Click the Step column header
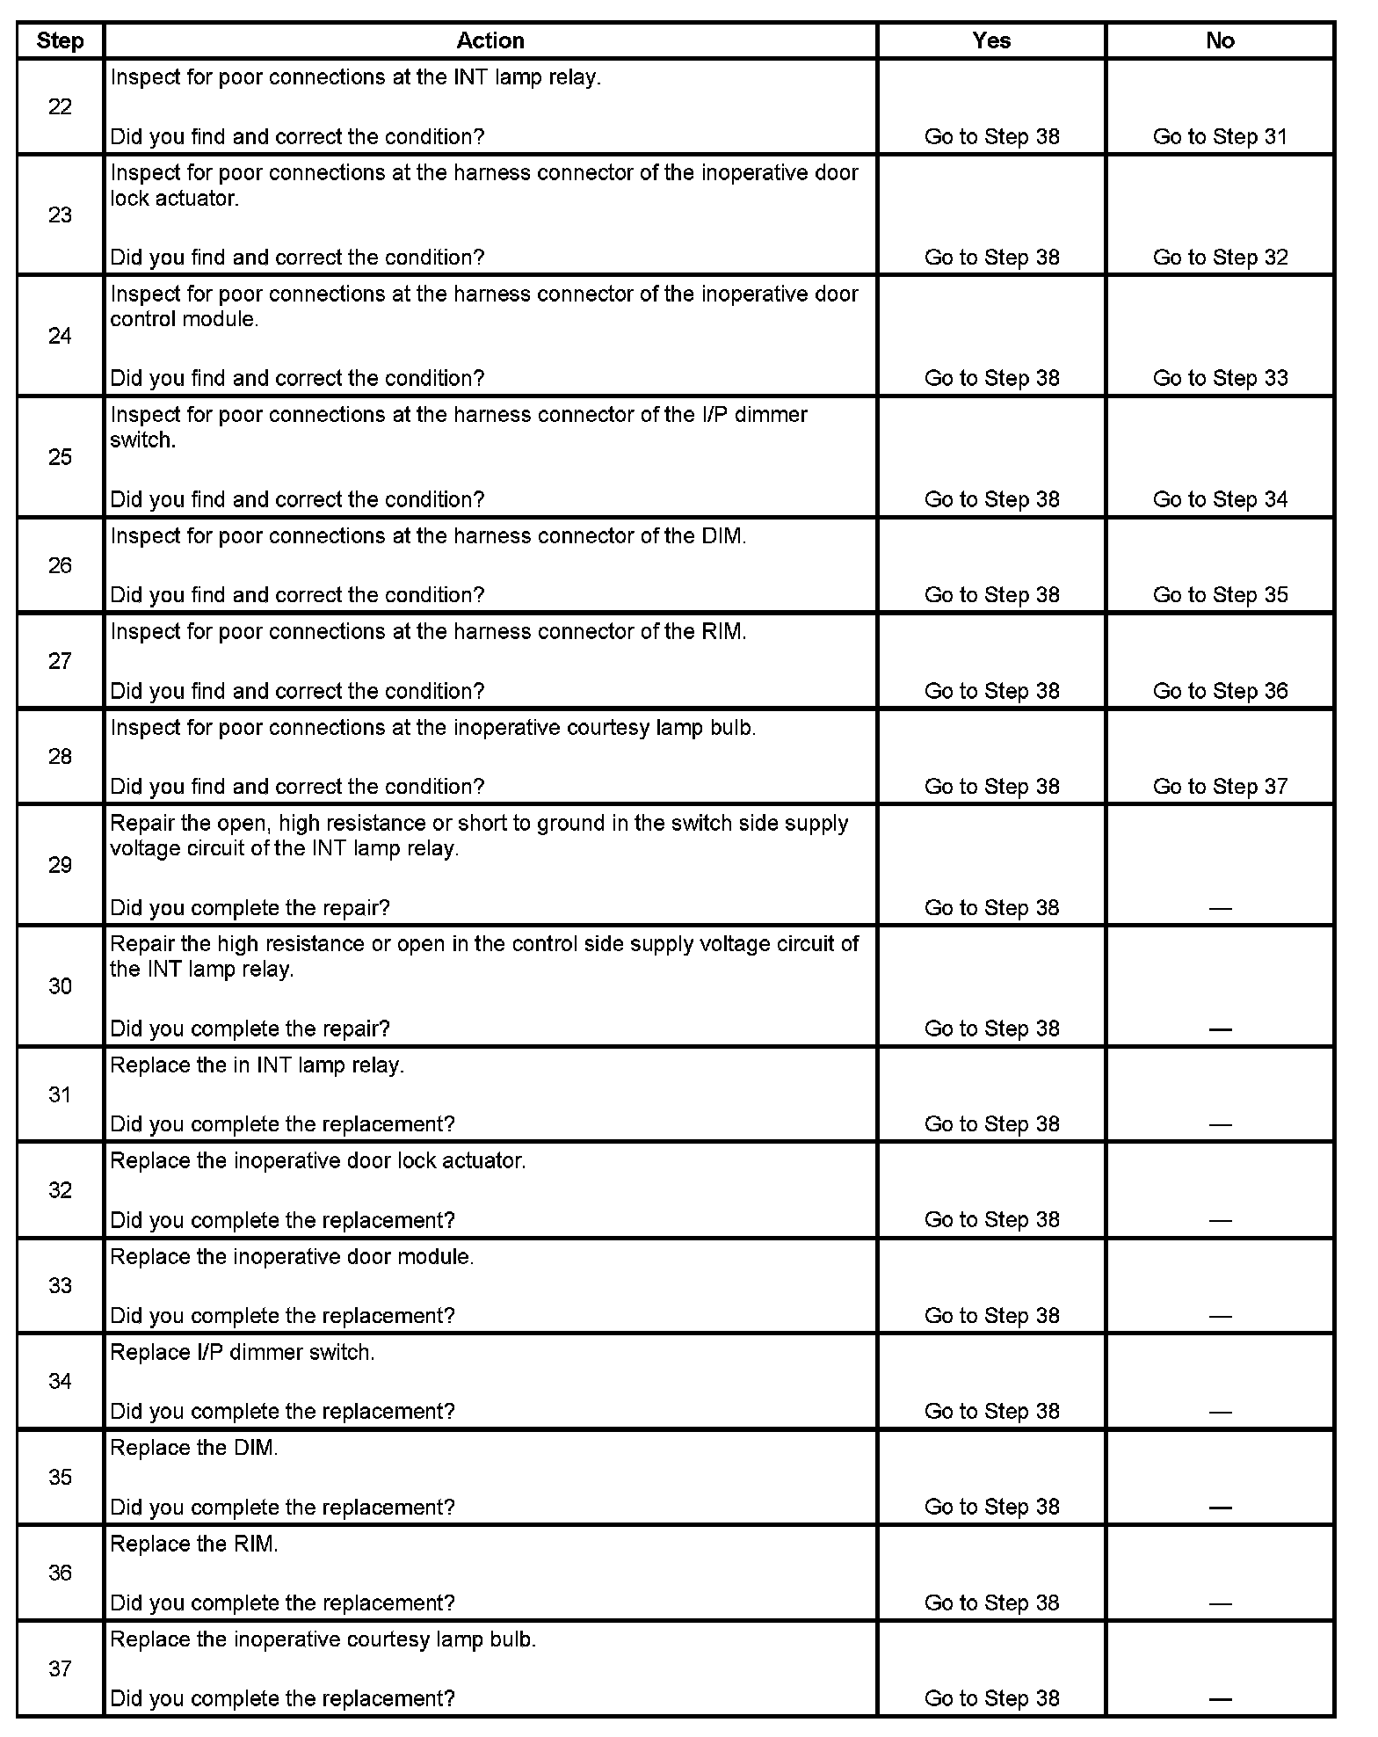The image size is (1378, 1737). pos(60,40)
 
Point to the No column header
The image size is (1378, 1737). pos(1220,40)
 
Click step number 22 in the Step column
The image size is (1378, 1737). pos(60,107)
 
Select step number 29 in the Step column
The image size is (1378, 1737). pos(60,865)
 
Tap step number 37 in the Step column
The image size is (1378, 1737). pos(60,1668)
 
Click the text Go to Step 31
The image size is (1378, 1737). pos(1220,137)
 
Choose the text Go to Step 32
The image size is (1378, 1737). pos(1220,258)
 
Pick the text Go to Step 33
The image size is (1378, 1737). pos(1220,378)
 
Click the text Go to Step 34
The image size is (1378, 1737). pos(1220,499)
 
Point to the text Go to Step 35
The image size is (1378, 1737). pos(1220,595)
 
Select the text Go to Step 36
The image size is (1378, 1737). pos(1220,691)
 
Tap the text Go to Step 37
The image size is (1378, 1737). pos(1220,787)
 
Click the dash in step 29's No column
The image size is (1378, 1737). pos(1220,909)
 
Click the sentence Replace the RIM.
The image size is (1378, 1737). pos(194,1544)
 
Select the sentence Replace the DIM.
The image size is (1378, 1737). pos(194,1449)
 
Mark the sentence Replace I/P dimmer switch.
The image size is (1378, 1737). pos(243,1353)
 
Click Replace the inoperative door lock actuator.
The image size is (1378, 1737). pos(318,1161)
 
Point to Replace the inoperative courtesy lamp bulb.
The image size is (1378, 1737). pos(323,1640)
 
